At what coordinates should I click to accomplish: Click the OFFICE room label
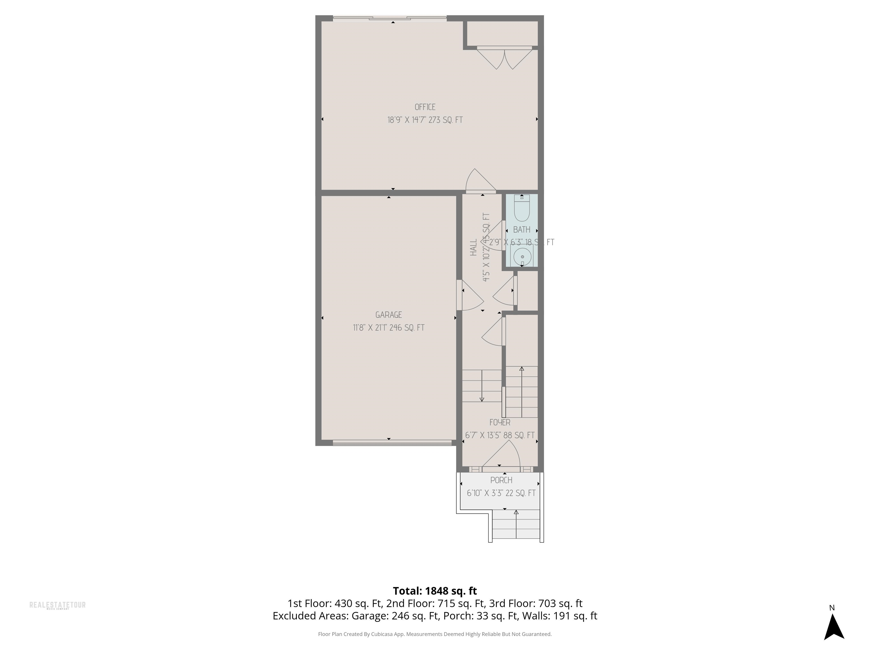click(x=425, y=107)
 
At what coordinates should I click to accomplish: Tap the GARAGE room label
click(x=389, y=315)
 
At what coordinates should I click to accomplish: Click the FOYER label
click(x=500, y=422)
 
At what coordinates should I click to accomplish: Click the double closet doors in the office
click(x=505, y=57)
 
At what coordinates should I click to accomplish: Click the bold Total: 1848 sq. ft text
click(x=435, y=591)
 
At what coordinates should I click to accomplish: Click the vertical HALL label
click(x=474, y=248)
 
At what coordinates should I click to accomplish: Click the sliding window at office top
click(x=389, y=18)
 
